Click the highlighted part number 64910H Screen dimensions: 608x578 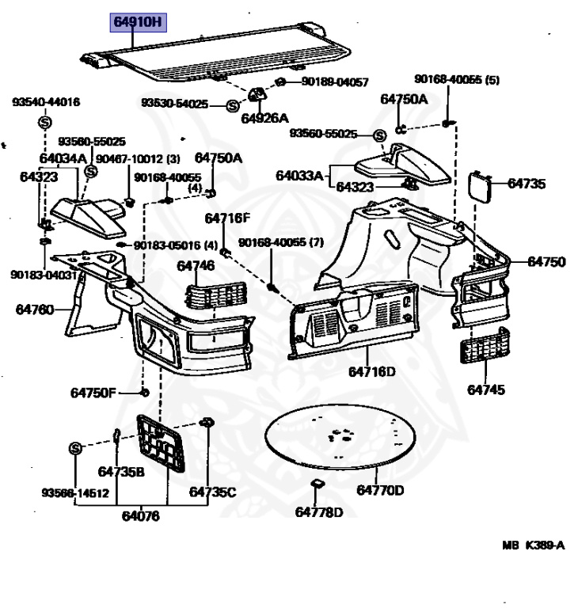point(138,21)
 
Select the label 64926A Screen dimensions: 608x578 point(265,119)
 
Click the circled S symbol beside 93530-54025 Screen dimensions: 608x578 point(233,105)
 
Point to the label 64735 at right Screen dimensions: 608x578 point(527,184)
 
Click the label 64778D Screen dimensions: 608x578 point(319,512)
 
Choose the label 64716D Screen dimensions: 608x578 point(371,370)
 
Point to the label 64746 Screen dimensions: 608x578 point(196,265)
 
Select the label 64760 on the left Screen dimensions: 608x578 point(34,309)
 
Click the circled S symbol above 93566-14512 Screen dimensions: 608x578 point(76,448)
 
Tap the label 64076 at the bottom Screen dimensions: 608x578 point(140,515)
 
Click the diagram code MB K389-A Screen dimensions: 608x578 point(534,545)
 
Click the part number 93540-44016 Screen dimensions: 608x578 point(45,102)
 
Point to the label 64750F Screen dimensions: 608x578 point(93,393)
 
